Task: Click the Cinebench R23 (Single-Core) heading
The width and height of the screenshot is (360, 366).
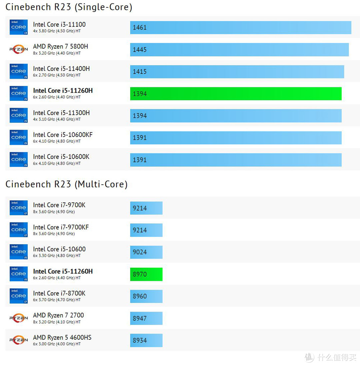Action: (x=69, y=7)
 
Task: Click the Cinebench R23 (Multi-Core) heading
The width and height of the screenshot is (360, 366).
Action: (x=66, y=184)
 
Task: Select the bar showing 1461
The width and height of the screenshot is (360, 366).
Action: (x=240, y=28)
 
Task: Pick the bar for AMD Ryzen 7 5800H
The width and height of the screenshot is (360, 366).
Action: (x=239, y=50)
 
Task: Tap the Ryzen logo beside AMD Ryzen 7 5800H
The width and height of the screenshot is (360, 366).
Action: (x=18, y=49)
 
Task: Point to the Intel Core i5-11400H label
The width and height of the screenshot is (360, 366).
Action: (x=61, y=69)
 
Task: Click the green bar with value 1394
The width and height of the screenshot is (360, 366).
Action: (x=236, y=94)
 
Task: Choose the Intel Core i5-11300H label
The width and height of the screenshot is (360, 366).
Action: (x=61, y=113)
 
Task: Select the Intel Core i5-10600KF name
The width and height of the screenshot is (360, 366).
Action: (x=63, y=135)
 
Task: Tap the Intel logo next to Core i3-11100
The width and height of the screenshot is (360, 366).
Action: (x=18, y=27)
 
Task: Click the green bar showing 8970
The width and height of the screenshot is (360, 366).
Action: (x=146, y=274)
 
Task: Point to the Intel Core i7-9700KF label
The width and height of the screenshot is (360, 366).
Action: (x=61, y=227)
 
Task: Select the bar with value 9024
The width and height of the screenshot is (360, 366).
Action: (x=146, y=252)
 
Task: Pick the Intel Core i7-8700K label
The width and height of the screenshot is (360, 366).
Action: (x=59, y=293)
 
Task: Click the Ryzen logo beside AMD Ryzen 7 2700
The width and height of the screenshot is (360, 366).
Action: (x=18, y=318)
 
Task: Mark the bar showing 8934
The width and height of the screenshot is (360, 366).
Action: (x=146, y=340)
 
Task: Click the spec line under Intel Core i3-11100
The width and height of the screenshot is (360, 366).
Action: (x=57, y=31)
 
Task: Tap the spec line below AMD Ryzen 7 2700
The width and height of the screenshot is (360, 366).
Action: (x=57, y=322)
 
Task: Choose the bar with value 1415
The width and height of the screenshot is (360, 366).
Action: (x=237, y=72)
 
